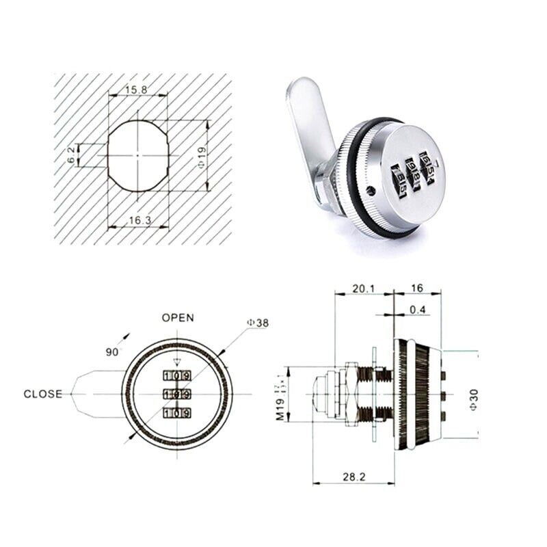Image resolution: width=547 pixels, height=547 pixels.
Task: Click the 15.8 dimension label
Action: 137,89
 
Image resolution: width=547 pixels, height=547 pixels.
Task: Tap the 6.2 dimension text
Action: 72,155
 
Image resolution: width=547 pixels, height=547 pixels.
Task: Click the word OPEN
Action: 178,317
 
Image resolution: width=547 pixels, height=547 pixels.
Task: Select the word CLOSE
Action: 42,394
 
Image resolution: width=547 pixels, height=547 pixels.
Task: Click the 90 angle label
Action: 111,351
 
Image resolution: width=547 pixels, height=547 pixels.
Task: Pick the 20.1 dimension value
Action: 362,289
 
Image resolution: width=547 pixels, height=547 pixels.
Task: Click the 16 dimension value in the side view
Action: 417,289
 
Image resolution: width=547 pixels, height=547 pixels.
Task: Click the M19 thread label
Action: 280,395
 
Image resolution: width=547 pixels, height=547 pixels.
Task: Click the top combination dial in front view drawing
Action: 177,376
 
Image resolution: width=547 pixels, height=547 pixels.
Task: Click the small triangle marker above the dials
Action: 177,363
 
